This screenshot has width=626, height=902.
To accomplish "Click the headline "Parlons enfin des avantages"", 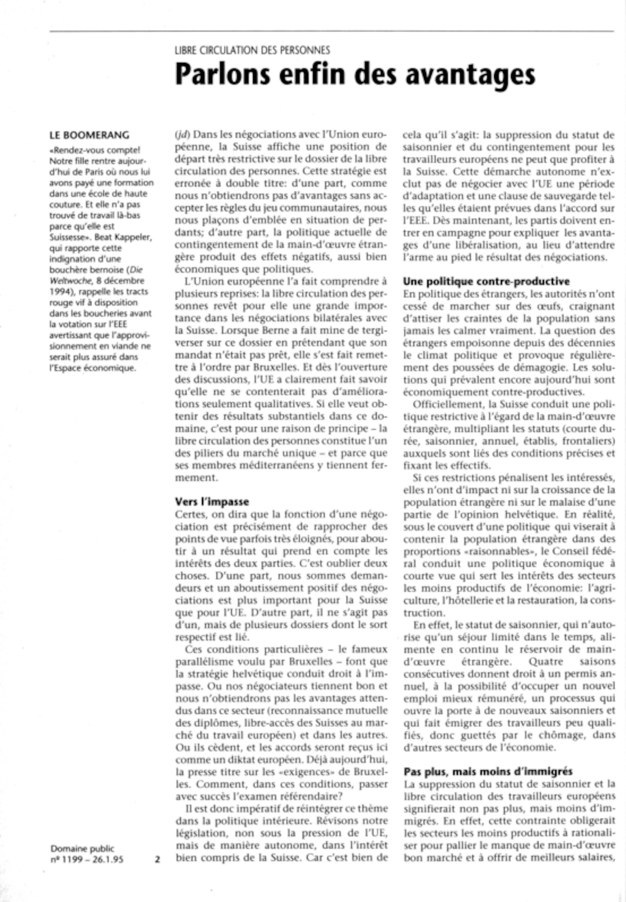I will coord(355,74).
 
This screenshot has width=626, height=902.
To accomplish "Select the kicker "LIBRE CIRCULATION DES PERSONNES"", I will coord(252,50).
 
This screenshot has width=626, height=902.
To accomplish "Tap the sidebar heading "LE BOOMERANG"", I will coord(90,135).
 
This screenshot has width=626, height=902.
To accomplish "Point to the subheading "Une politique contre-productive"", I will coord(486,281).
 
